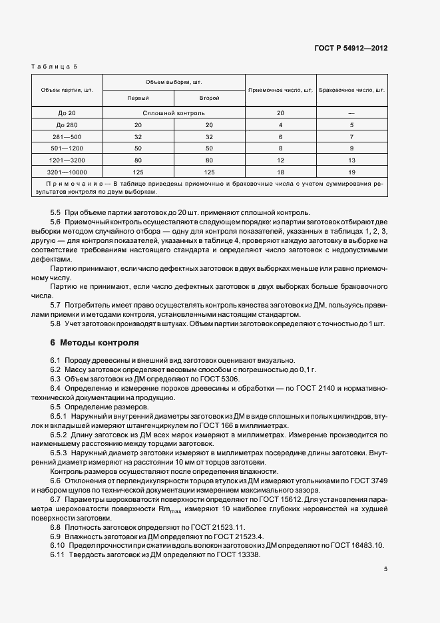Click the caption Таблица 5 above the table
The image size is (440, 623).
(x=55, y=66)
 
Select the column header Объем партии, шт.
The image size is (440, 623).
(x=67, y=89)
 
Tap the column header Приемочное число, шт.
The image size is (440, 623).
(x=280, y=89)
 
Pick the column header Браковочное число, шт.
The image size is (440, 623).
(x=352, y=89)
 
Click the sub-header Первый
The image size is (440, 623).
(x=138, y=98)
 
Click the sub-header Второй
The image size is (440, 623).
(x=209, y=98)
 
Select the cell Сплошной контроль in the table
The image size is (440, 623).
(x=173, y=113)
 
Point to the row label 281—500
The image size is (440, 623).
(x=67, y=136)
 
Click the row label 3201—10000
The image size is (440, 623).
(x=67, y=172)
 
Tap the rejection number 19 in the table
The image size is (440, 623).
(x=351, y=172)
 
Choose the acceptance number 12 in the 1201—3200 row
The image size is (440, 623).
(x=280, y=160)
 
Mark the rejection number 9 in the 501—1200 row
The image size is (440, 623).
(x=351, y=148)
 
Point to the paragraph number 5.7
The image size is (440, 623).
(x=55, y=304)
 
